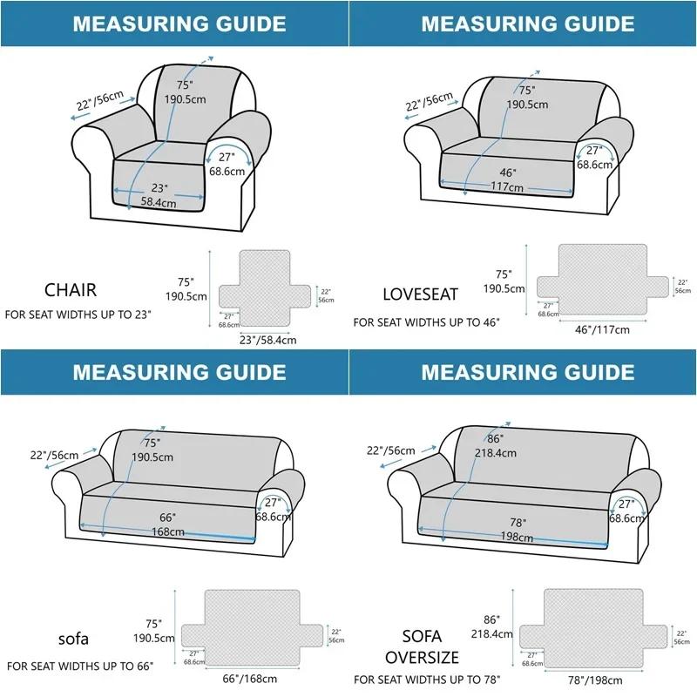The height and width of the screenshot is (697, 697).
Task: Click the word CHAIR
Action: [71, 289]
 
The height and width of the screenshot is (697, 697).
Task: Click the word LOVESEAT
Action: [420, 294]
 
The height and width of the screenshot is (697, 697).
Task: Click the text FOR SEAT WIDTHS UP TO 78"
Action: [428, 679]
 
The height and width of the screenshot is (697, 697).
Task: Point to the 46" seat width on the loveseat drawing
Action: [508, 173]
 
